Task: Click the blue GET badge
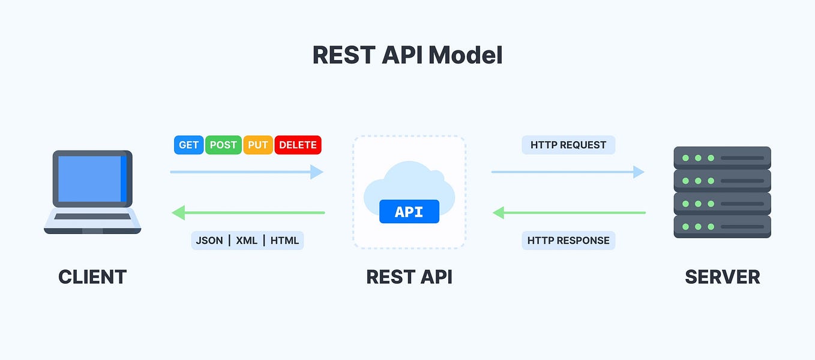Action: [x=188, y=145]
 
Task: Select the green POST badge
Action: [x=223, y=145]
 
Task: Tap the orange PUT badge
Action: [x=258, y=145]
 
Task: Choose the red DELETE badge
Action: [x=298, y=145]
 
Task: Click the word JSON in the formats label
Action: [x=209, y=241]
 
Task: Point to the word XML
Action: [x=246, y=241]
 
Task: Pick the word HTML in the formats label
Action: [x=284, y=241]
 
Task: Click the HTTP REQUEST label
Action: [x=568, y=145]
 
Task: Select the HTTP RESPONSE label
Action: [x=568, y=241]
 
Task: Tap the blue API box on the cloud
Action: [x=409, y=212]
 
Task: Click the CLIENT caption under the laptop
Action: [x=92, y=277]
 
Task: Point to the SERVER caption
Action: [x=722, y=277]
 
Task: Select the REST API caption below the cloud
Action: [x=409, y=277]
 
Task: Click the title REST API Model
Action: [x=407, y=55]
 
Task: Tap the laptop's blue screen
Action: [x=90, y=178]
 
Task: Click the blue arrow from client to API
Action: [x=246, y=172]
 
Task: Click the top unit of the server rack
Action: [x=722, y=158]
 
